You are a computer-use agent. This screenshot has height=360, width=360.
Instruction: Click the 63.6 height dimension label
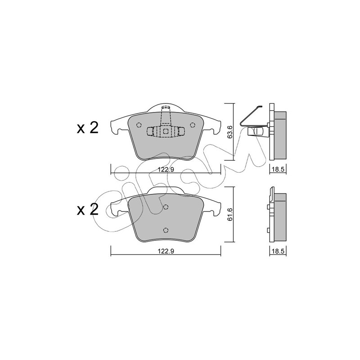(x=230, y=132)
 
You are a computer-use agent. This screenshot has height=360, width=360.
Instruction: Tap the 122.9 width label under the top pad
(x=166, y=170)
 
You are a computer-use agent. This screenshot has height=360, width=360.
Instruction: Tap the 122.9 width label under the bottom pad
(x=166, y=251)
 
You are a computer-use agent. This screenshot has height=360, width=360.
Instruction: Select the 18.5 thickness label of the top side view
(x=278, y=170)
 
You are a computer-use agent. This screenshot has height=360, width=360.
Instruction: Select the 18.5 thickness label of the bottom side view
(x=278, y=251)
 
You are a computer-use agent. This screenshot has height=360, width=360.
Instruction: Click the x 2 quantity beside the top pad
(x=88, y=128)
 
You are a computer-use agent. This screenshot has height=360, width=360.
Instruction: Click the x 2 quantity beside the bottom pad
(x=88, y=209)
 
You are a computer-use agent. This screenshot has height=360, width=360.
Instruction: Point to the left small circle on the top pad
(x=139, y=125)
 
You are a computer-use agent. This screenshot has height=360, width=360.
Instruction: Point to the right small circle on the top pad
(x=193, y=125)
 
